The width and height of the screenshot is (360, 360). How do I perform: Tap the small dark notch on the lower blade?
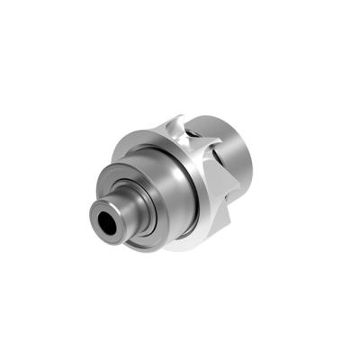(x=219, y=200)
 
